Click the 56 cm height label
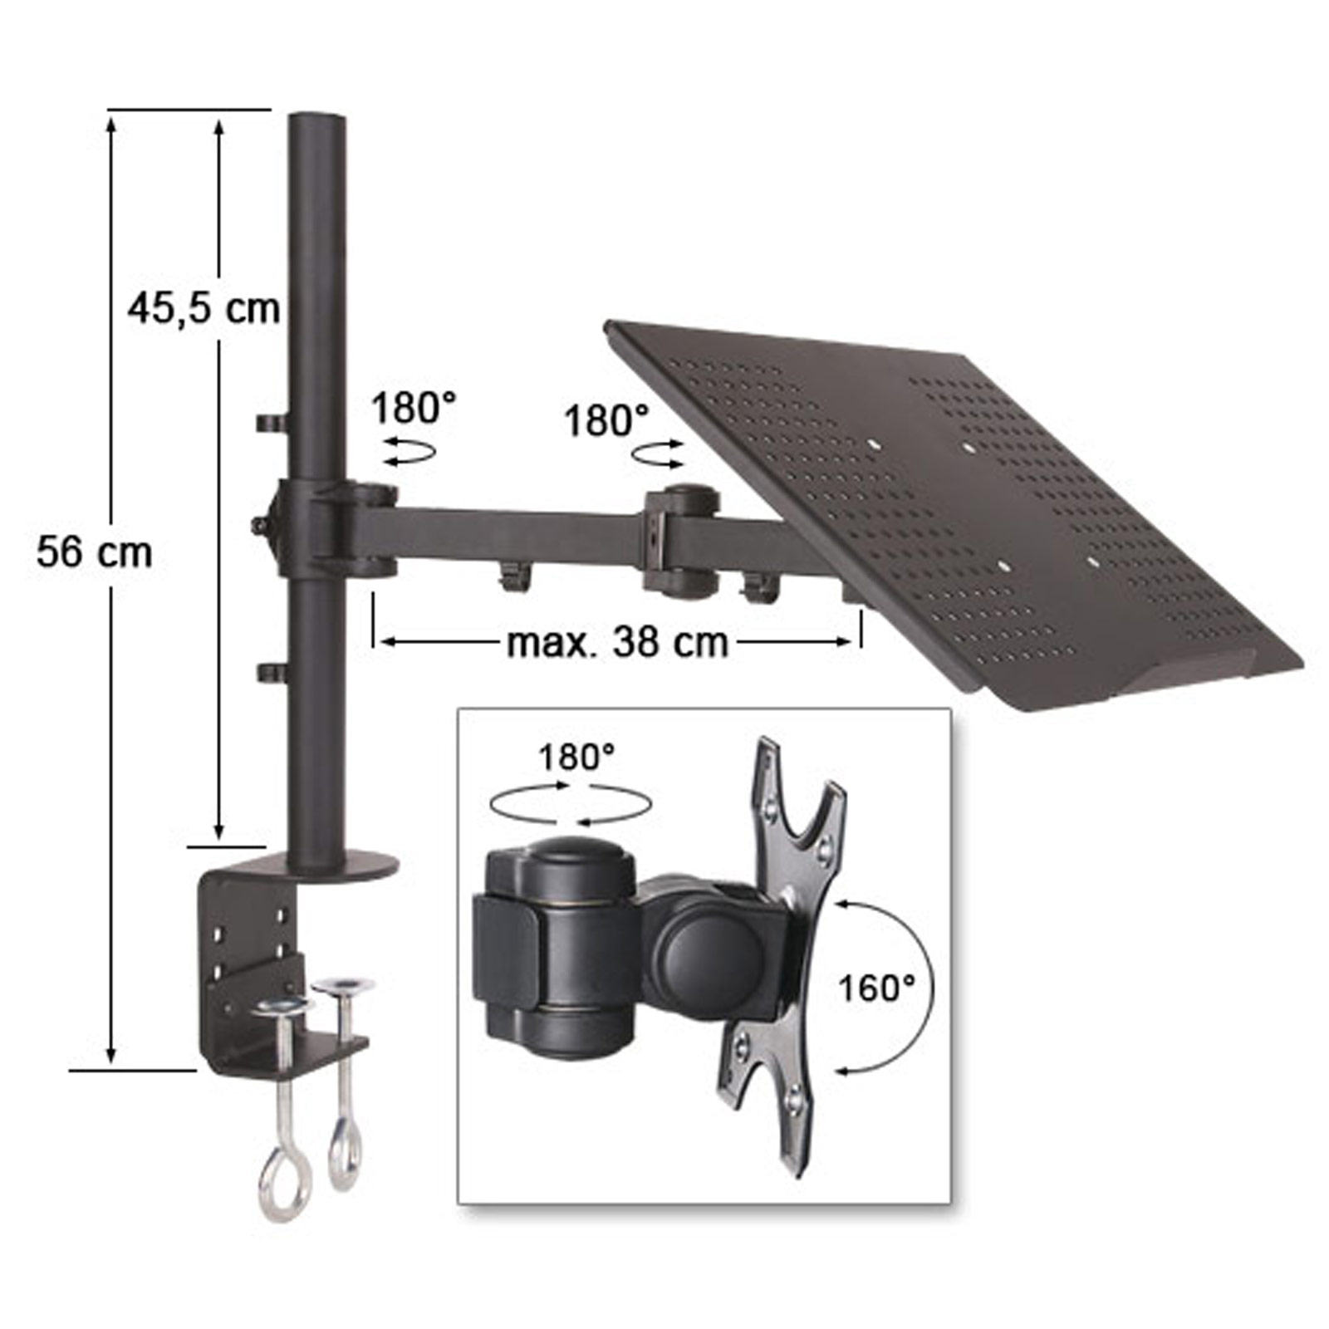[95, 553]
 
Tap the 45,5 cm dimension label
[204, 309]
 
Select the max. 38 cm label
[617, 642]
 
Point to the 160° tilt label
[876, 988]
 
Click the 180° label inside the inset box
[576, 758]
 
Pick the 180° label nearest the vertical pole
[414, 408]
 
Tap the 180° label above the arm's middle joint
[606, 421]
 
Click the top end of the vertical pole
[316, 117]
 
